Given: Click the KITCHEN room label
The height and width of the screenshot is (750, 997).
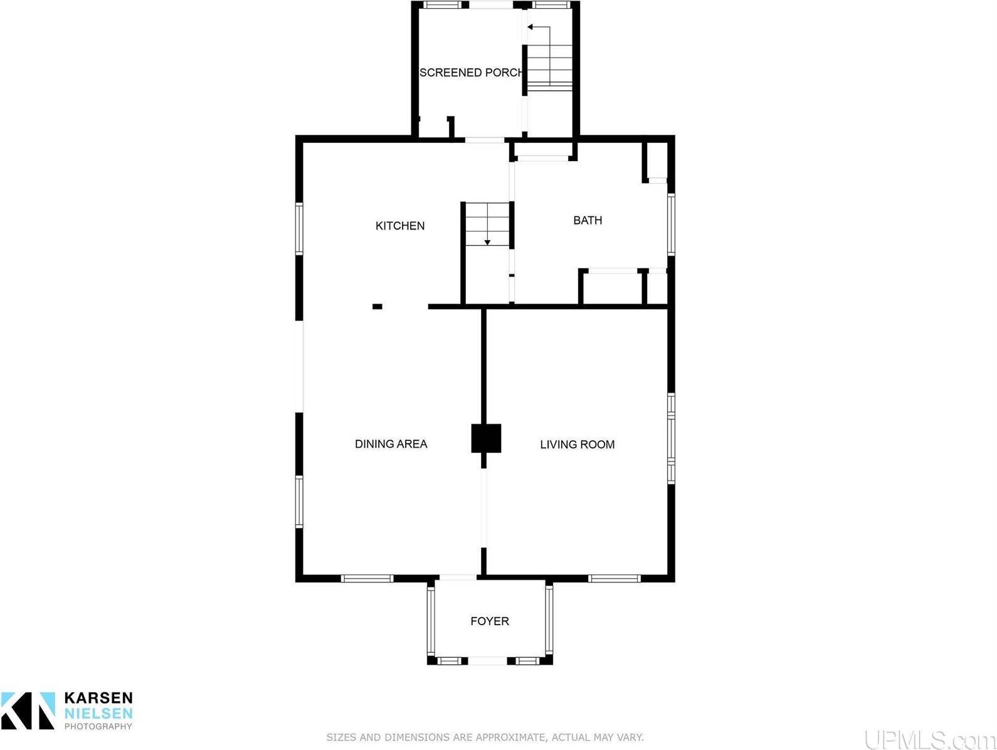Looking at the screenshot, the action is [x=399, y=226].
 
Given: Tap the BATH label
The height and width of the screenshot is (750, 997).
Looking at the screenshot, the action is [x=588, y=220].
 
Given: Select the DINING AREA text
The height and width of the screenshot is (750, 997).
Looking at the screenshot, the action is [x=391, y=444].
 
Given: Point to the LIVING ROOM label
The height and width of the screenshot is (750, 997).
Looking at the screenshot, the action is [x=577, y=444].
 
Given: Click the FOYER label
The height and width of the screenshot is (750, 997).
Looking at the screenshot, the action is [x=489, y=621].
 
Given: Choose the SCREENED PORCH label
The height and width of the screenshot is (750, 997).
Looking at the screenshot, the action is [x=471, y=73].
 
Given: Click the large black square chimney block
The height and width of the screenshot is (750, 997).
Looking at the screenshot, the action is [x=486, y=438].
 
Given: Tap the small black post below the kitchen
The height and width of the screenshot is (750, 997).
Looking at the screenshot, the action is [x=377, y=307].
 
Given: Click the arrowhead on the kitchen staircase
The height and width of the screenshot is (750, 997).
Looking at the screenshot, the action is [x=487, y=243].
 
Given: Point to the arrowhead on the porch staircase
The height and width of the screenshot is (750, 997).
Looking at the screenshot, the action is [x=530, y=27].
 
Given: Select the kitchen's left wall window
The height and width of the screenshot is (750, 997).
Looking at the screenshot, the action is [x=299, y=228].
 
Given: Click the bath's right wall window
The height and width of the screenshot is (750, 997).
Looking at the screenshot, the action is [x=671, y=224].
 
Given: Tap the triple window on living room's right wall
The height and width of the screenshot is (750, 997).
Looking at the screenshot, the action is [x=671, y=438].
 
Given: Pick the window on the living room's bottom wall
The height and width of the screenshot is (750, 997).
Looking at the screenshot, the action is [x=614, y=578].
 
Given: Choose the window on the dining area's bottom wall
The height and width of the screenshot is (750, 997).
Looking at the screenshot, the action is [x=367, y=578].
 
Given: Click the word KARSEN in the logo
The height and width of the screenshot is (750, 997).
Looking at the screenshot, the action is [x=98, y=698].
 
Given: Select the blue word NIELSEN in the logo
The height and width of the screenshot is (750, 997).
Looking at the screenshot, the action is [x=98, y=713].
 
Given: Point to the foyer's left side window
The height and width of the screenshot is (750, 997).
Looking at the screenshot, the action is [x=431, y=620].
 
